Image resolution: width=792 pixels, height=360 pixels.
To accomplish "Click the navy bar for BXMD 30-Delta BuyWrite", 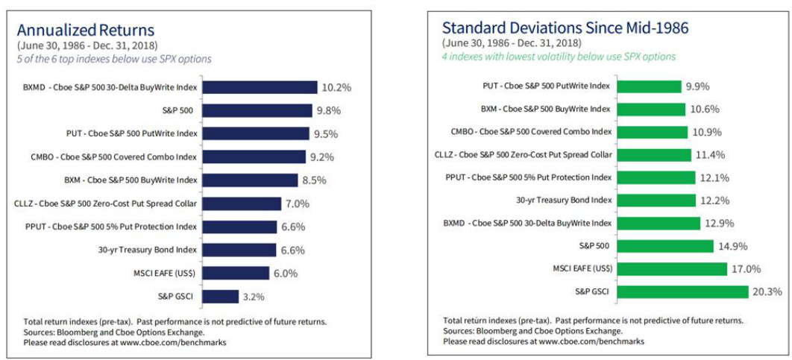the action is [260, 87].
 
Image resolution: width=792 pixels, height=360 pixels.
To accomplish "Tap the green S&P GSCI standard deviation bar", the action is [682, 292].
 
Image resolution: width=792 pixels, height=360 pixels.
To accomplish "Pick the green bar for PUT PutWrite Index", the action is [649, 86].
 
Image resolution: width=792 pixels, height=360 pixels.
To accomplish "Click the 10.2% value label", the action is [336, 87].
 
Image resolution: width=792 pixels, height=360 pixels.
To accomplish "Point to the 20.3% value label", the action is [767, 292].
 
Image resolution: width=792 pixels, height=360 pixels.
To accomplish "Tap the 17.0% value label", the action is [746, 269].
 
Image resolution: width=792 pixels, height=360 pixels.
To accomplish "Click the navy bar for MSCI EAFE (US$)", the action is [236, 273].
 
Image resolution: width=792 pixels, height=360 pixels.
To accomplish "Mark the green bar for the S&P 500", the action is [665, 247].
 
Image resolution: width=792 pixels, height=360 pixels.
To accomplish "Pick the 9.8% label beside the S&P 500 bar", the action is [329, 110].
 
